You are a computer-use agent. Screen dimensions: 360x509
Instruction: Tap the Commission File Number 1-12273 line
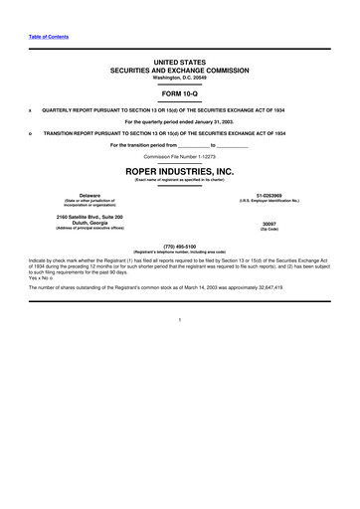[179, 157]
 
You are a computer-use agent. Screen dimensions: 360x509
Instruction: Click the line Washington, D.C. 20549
[179, 78]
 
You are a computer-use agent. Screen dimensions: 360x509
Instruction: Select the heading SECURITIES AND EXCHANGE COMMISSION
[179, 71]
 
